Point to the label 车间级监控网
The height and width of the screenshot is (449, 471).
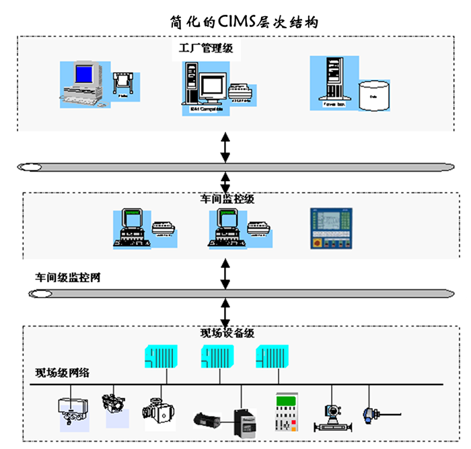69,277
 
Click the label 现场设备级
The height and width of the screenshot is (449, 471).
227,333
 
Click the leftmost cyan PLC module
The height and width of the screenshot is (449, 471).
161,357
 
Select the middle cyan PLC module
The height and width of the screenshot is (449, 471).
217,357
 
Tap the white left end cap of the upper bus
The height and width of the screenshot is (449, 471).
32,167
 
